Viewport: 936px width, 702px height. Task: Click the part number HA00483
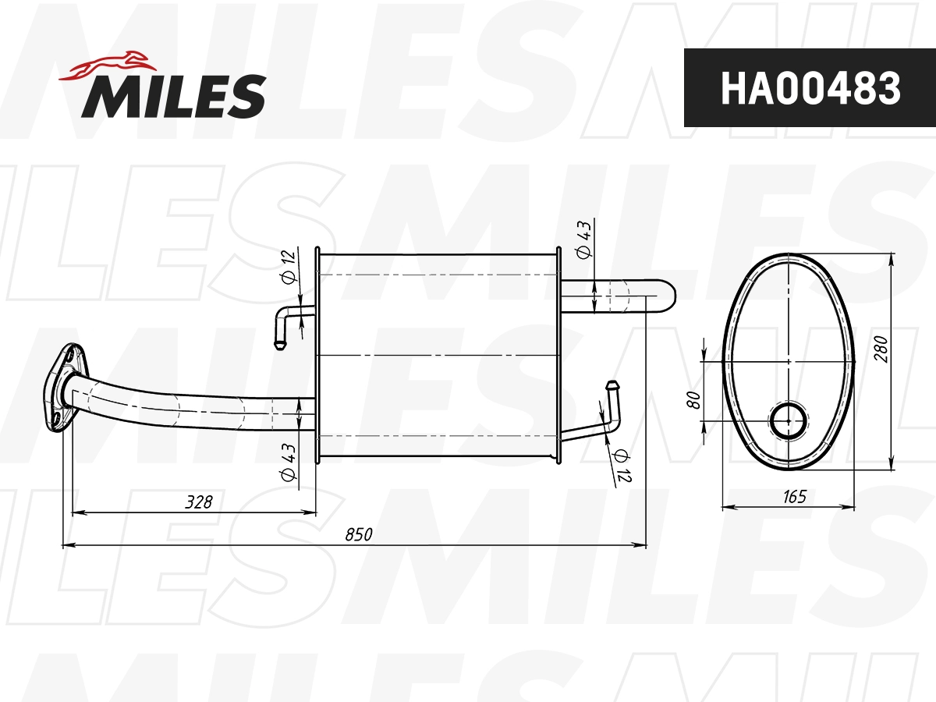click(810, 88)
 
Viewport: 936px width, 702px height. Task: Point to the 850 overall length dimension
click(359, 534)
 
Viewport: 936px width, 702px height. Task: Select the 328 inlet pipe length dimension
click(198, 502)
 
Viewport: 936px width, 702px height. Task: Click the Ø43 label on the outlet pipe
click(583, 241)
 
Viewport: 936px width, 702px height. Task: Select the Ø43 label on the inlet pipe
click(288, 463)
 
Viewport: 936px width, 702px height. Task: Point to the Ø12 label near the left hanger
click(286, 266)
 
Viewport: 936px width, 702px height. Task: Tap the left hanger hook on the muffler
click(285, 324)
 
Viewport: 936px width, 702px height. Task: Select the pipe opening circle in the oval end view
click(789, 421)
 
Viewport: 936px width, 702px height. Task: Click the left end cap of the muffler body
click(317, 355)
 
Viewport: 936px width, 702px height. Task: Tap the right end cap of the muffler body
click(557, 355)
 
